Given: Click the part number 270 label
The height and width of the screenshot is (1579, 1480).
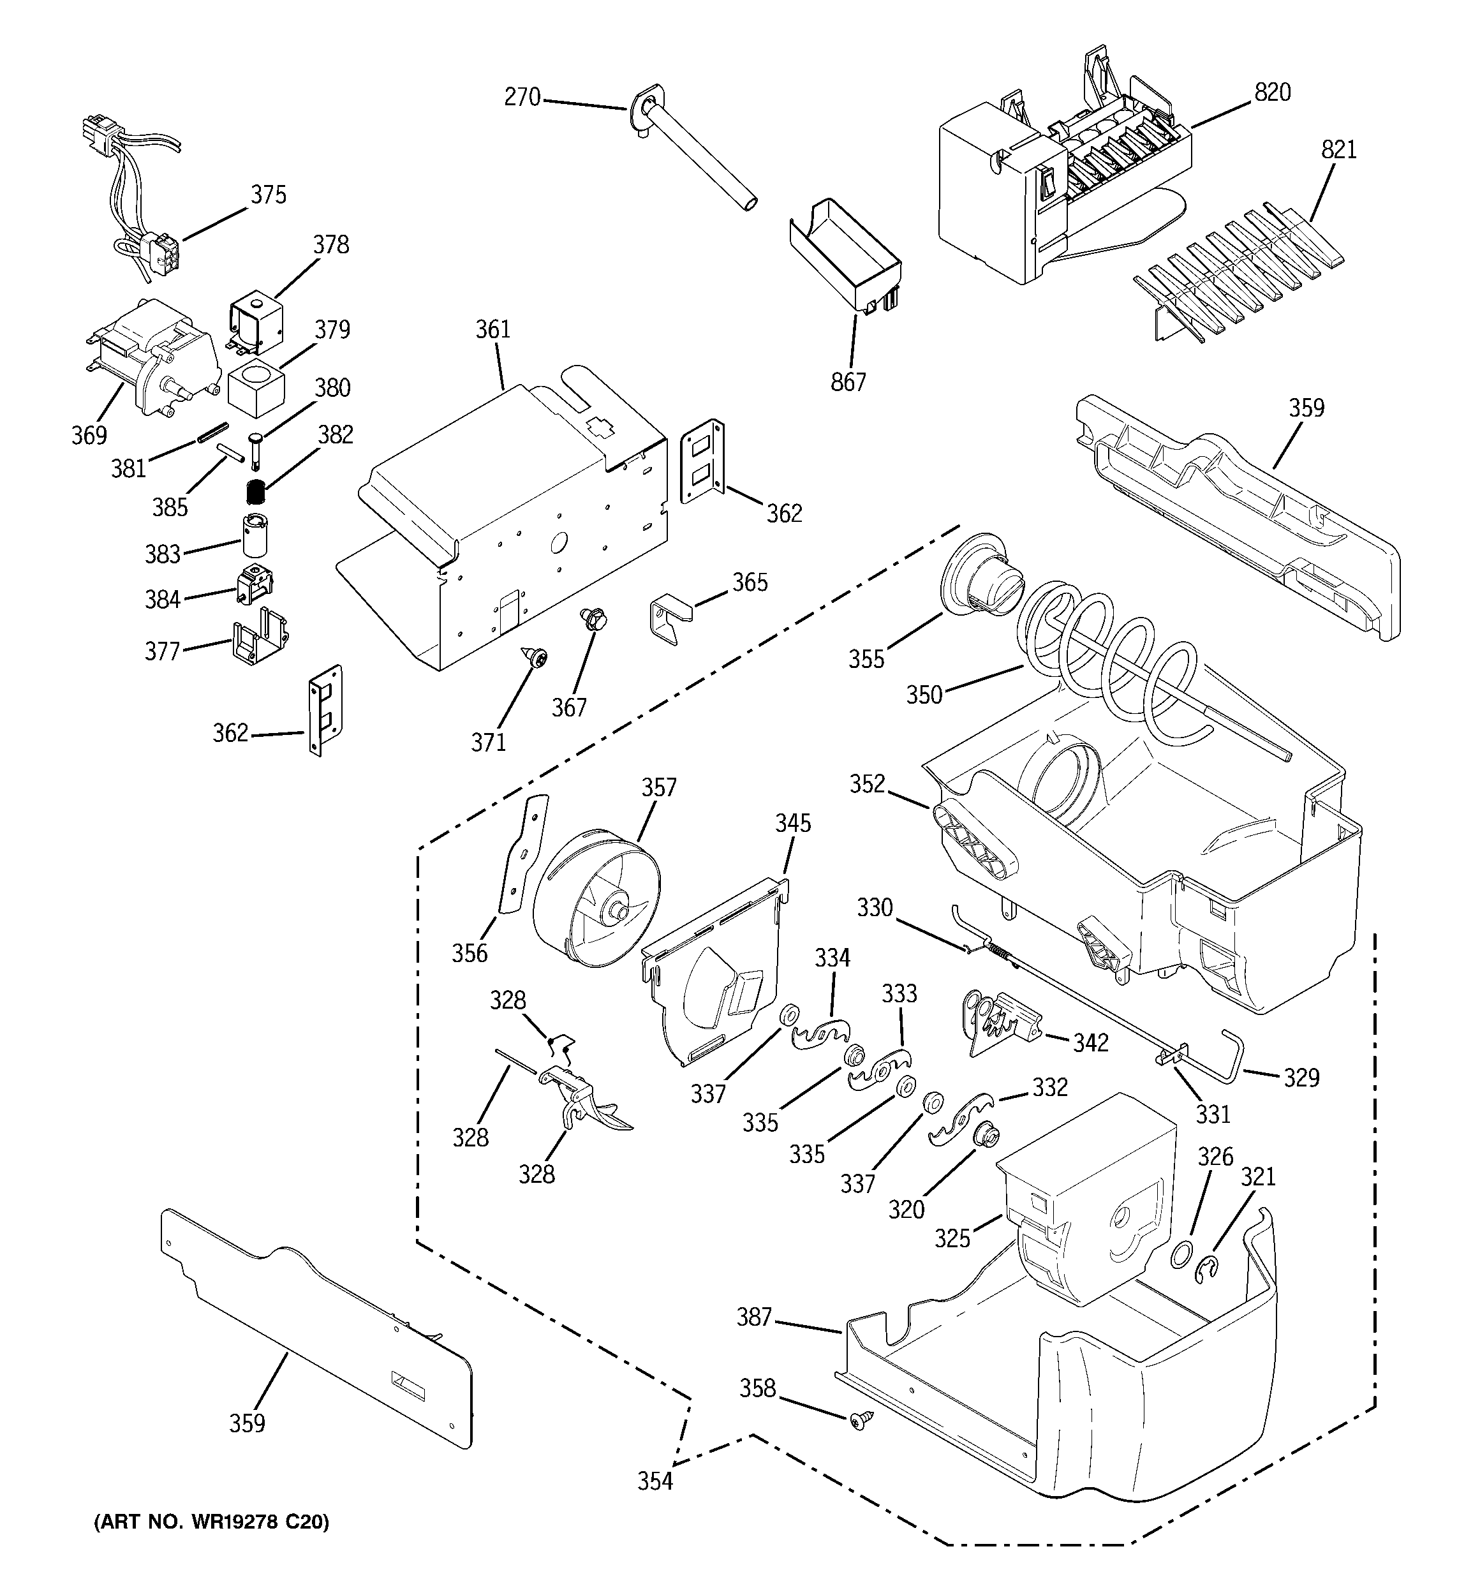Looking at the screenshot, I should point(522,98).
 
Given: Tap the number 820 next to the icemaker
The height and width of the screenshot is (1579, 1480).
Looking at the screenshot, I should point(1272,93).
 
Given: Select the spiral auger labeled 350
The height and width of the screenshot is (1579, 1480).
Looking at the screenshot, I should point(1112,667).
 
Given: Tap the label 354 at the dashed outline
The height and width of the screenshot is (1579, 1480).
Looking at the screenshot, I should point(655,1481).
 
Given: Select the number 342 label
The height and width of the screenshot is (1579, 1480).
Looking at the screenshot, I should point(1090,1043).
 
